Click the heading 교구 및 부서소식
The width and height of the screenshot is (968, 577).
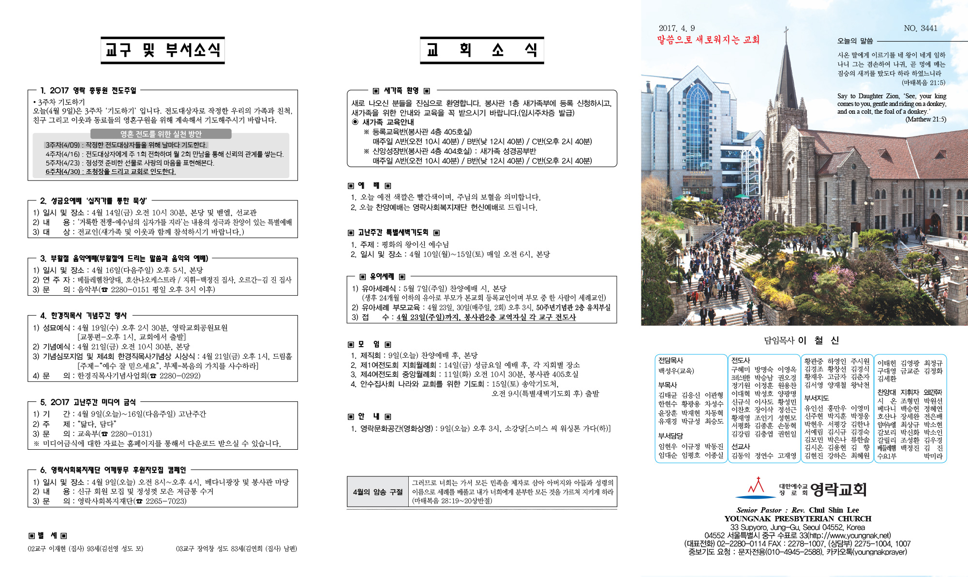click(x=163, y=50)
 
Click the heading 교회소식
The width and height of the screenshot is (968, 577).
click(x=482, y=50)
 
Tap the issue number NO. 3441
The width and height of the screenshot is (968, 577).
click(x=920, y=29)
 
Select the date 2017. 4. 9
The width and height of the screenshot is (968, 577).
click(x=676, y=29)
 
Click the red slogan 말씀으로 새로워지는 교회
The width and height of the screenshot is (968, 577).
click(x=708, y=40)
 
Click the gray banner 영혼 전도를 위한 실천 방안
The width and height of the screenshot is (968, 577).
click(x=161, y=134)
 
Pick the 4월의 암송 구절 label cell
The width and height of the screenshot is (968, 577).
click(x=377, y=492)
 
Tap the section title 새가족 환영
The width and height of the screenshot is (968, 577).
click(x=401, y=91)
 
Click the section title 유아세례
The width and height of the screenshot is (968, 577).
click(x=382, y=276)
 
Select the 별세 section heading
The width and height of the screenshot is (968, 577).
click(x=47, y=535)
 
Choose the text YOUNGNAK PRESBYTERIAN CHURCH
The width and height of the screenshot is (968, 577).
click(x=798, y=518)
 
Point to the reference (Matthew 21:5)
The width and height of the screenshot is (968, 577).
click(x=925, y=120)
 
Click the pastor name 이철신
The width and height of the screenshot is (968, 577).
click(x=819, y=340)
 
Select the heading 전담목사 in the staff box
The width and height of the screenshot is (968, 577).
click(x=670, y=361)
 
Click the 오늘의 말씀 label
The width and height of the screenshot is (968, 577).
click(x=855, y=41)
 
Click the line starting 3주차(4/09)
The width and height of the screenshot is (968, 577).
click(x=126, y=145)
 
